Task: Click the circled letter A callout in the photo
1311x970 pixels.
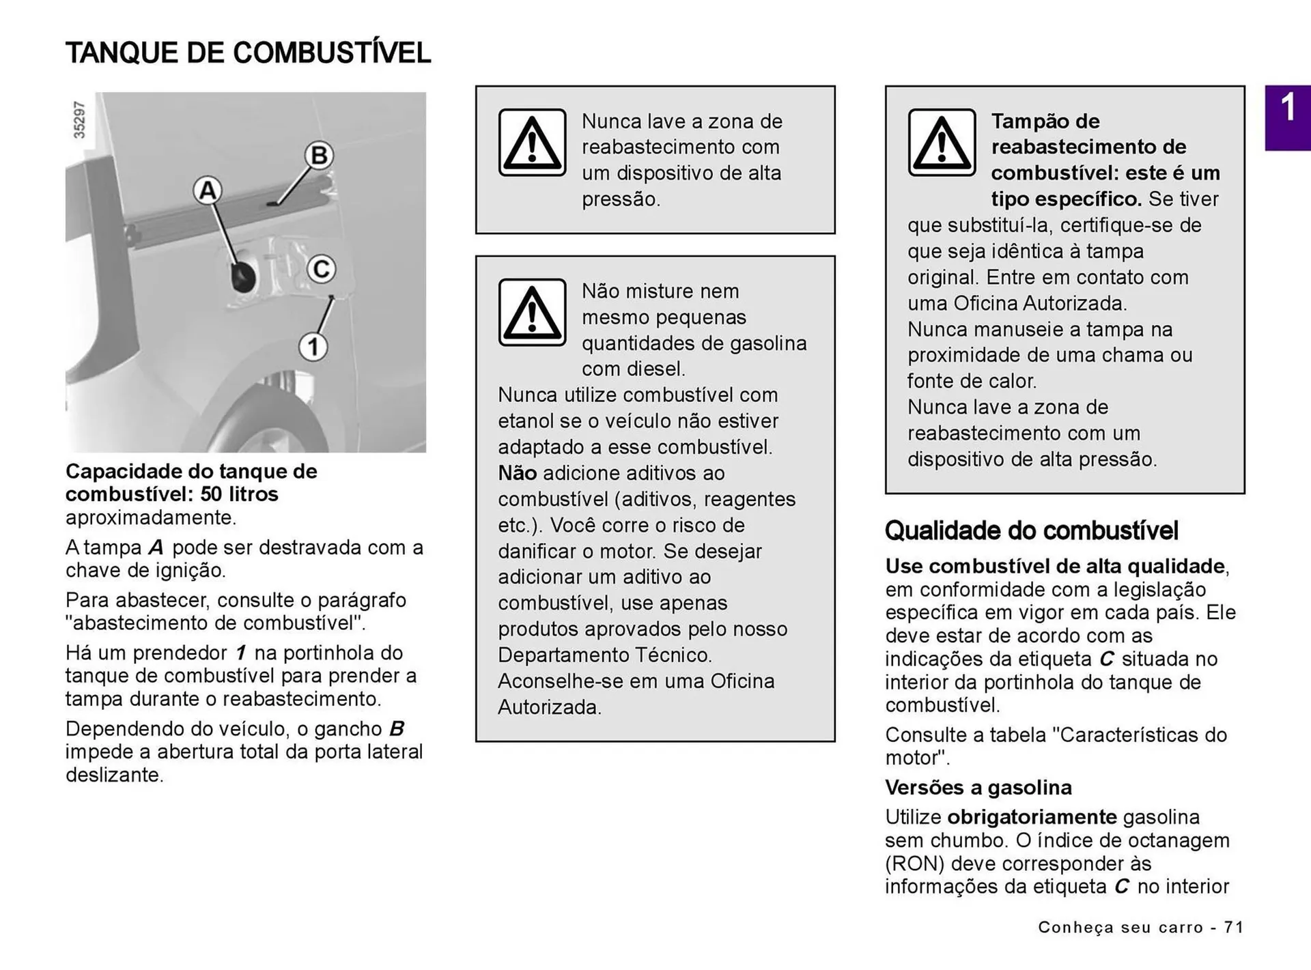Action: pos(208,190)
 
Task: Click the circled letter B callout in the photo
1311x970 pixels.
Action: pos(318,156)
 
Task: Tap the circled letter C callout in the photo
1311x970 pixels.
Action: pos(321,269)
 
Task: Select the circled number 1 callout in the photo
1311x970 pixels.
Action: pos(313,347)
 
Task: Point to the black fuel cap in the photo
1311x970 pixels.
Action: pos(242,276)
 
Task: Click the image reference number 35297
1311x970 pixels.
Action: pos(80,120)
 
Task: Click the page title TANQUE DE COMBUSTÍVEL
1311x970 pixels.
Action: pos(248,53)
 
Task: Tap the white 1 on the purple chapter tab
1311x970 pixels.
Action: pos(1287,108)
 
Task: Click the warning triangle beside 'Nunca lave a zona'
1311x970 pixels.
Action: pos(532,143)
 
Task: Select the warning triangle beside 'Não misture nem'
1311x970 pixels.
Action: pos(532,313)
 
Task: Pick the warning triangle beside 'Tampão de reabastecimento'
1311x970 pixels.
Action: pos(942,143)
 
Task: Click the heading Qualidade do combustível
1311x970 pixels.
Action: pos(1031,530)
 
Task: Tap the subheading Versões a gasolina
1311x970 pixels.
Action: pos(978,787)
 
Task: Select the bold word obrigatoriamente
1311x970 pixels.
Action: pos(1032,817)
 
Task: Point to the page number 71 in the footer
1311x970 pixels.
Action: pos(1233,927)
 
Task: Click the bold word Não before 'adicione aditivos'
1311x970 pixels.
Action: pos(517,473)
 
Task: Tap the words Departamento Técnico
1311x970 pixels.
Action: pos(604,655)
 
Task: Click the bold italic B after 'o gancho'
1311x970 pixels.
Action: pos(397,729)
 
